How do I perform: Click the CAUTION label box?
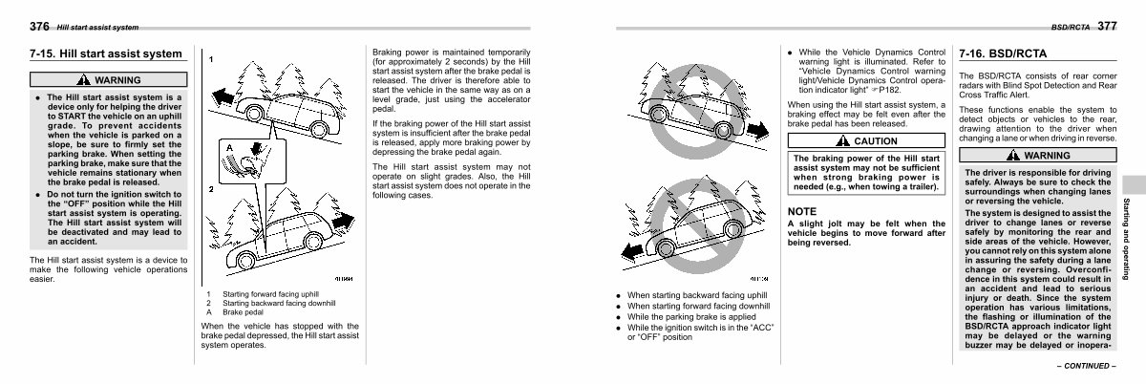click(x=867, y=140)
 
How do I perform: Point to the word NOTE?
click(x=803, y=211)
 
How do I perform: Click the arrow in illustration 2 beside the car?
click(x=342, y=221)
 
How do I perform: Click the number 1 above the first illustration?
click(x=211, y=60)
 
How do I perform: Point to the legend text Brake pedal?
click(x=243, y=312)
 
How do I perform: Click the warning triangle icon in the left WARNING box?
click(x=85, y=80)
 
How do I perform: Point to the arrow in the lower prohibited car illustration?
click(x=626, y=251)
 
